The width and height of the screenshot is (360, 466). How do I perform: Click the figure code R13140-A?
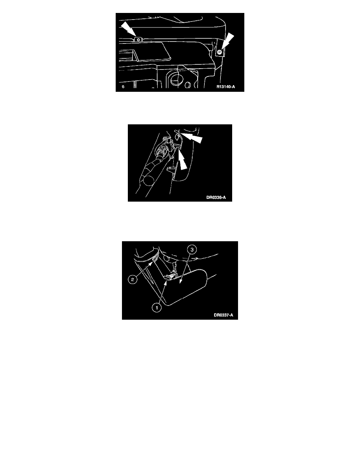pos(225,87)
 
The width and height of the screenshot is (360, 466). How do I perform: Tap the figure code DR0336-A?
pos(216,198)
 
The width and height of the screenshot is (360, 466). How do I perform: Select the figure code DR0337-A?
pos(224,315)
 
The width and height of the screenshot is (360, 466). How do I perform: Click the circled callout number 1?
pos(156,308)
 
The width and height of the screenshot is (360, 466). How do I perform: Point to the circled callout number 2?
pos(133,279)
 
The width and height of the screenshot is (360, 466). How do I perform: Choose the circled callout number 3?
pos(192,249)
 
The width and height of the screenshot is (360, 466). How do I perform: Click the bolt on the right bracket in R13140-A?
pos(219,53)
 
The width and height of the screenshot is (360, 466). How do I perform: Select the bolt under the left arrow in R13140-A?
pos(138,39)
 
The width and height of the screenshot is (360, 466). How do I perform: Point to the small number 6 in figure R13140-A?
pos(123,87)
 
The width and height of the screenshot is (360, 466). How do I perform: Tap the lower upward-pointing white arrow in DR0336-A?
pos(183,160)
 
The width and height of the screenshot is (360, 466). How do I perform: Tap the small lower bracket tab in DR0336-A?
pos(171,169)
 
